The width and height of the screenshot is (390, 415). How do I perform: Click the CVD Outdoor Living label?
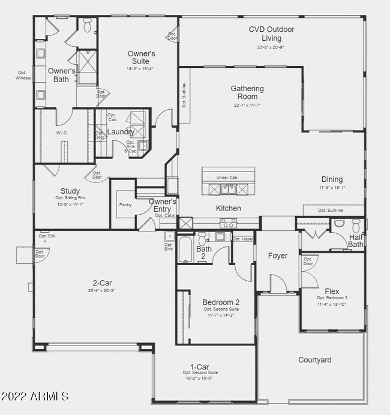pos(271,34)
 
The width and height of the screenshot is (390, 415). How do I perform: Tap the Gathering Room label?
pos(247,93)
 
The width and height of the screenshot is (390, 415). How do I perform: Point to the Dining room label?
pos(332,179)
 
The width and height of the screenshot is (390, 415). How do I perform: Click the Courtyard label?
pos(315,360)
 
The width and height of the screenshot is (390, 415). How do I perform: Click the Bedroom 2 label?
pos(221,302)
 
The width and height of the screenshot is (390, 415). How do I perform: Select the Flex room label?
pos(332,291)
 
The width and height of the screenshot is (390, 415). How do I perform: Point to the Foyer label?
pos(277,256)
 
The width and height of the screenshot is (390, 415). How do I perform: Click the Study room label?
pos(70,191)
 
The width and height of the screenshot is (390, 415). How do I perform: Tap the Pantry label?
pos(125,205)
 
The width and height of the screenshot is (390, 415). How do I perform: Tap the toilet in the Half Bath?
pos(356,225)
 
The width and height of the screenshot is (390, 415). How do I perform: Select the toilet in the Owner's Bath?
pos(88,26)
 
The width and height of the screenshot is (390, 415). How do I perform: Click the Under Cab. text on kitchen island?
pos(227,178)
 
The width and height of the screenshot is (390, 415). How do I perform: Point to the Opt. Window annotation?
pos(24,76)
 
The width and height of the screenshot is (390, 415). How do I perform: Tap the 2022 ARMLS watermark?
pos(35,396)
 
